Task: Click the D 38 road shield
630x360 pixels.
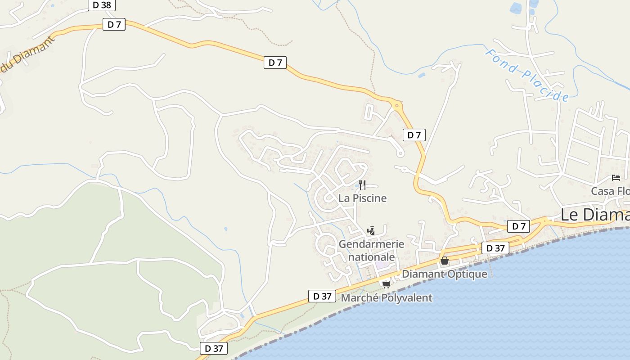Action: (102, 5)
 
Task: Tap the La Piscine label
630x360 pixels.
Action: (362, 198)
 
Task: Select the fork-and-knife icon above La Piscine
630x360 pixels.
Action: (362, 184)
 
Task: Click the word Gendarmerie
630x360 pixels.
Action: (371, 244)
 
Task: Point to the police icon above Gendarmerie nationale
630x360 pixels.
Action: (371, 231)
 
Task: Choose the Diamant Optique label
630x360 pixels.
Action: (444, 274)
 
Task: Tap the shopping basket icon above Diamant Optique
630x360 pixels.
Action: (445, 261)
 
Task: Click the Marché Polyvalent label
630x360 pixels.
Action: (387, 298)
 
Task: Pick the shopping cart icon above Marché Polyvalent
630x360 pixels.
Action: (386, 284)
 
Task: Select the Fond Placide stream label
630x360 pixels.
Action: (527, 75)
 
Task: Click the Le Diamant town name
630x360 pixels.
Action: (594, 215)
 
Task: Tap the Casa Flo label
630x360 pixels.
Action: (610, 191)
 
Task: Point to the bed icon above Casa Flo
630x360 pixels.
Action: (616, 178)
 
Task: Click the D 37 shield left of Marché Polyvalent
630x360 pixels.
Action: (322, 296)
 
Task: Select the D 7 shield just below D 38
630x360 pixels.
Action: (114, 24)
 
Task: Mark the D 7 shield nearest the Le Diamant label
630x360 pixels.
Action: (519, 226)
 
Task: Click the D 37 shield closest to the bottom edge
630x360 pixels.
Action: (214, 348)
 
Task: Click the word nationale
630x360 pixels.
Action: (371, 257)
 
